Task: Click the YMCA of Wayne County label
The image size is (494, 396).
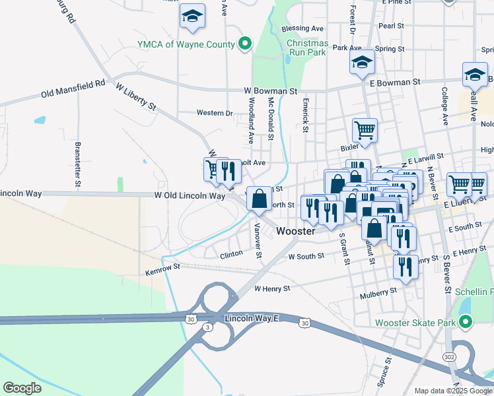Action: (x=186, y=44)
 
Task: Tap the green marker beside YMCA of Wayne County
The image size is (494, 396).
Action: (x=245, y=44)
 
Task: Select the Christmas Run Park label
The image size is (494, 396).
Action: (x=307, y=48)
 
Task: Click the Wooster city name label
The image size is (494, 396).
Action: (x=296, y=231)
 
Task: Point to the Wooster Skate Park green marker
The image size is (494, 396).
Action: (x=466, y=323)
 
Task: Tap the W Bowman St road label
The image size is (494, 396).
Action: (x=271, y=90)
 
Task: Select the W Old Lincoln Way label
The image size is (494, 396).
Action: (x=190, y=196)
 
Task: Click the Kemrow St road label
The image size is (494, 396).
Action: (x=163, y=271)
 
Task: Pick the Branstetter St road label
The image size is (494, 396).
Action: (x=78, y=162)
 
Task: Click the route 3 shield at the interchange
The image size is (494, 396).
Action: (x=208, y=327)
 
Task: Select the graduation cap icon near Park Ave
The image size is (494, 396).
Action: (x=361, y=62)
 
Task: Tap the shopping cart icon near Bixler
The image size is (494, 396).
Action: (x=364, y=129)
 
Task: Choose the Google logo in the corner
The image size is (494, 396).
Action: (x=22, y=388)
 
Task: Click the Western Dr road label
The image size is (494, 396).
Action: (x=215, y=113)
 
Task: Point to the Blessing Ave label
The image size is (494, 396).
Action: (x=302, y=28)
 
